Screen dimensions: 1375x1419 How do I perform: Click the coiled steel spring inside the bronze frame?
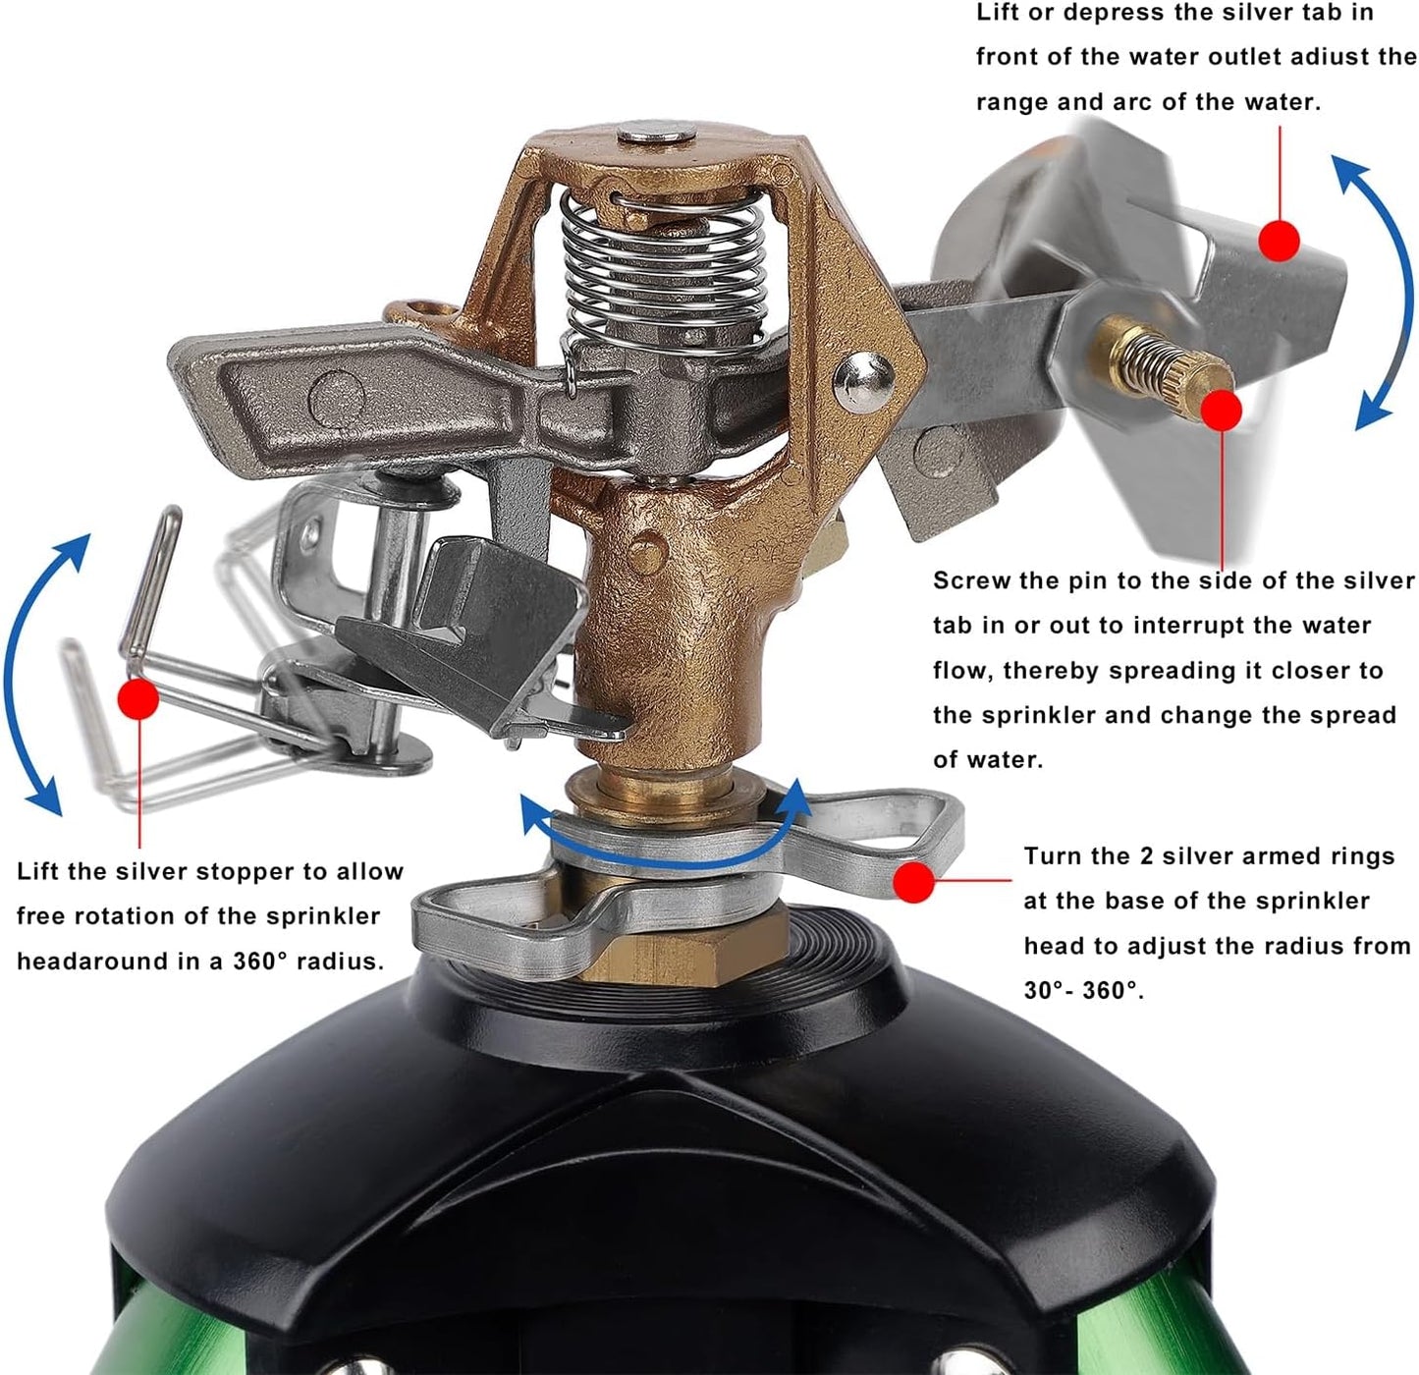click(x=663, y=265)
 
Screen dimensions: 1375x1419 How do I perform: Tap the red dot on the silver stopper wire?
click(x=137, y=699)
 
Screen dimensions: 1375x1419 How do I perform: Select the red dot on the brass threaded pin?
click(x=1222, y=411)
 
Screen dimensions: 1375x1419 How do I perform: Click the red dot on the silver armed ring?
click(x=914, y=882)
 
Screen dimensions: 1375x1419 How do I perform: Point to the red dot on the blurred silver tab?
click(x=1279, y=240)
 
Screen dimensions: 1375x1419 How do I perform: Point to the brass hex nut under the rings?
click(x=687, y=948)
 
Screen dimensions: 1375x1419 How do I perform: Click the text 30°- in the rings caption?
click(x=1049, y=990)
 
